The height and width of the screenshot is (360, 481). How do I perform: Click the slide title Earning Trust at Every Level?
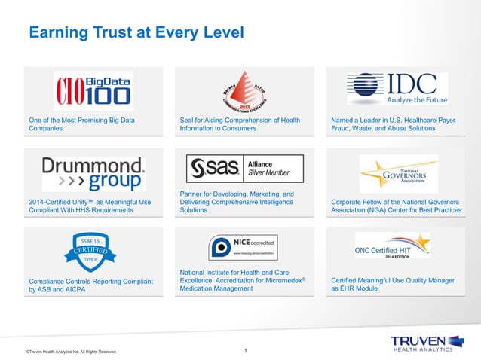tap(136, 33)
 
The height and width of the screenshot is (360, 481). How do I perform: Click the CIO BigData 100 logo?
tap(93, 91)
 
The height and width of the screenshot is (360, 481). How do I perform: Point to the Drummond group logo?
tap(93, 173)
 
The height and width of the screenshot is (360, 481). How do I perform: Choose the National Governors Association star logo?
tap(398, 173)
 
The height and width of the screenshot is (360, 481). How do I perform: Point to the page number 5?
tap(246, 349)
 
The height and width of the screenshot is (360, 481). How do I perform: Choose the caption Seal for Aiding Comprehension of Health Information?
tap(240, 124)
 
